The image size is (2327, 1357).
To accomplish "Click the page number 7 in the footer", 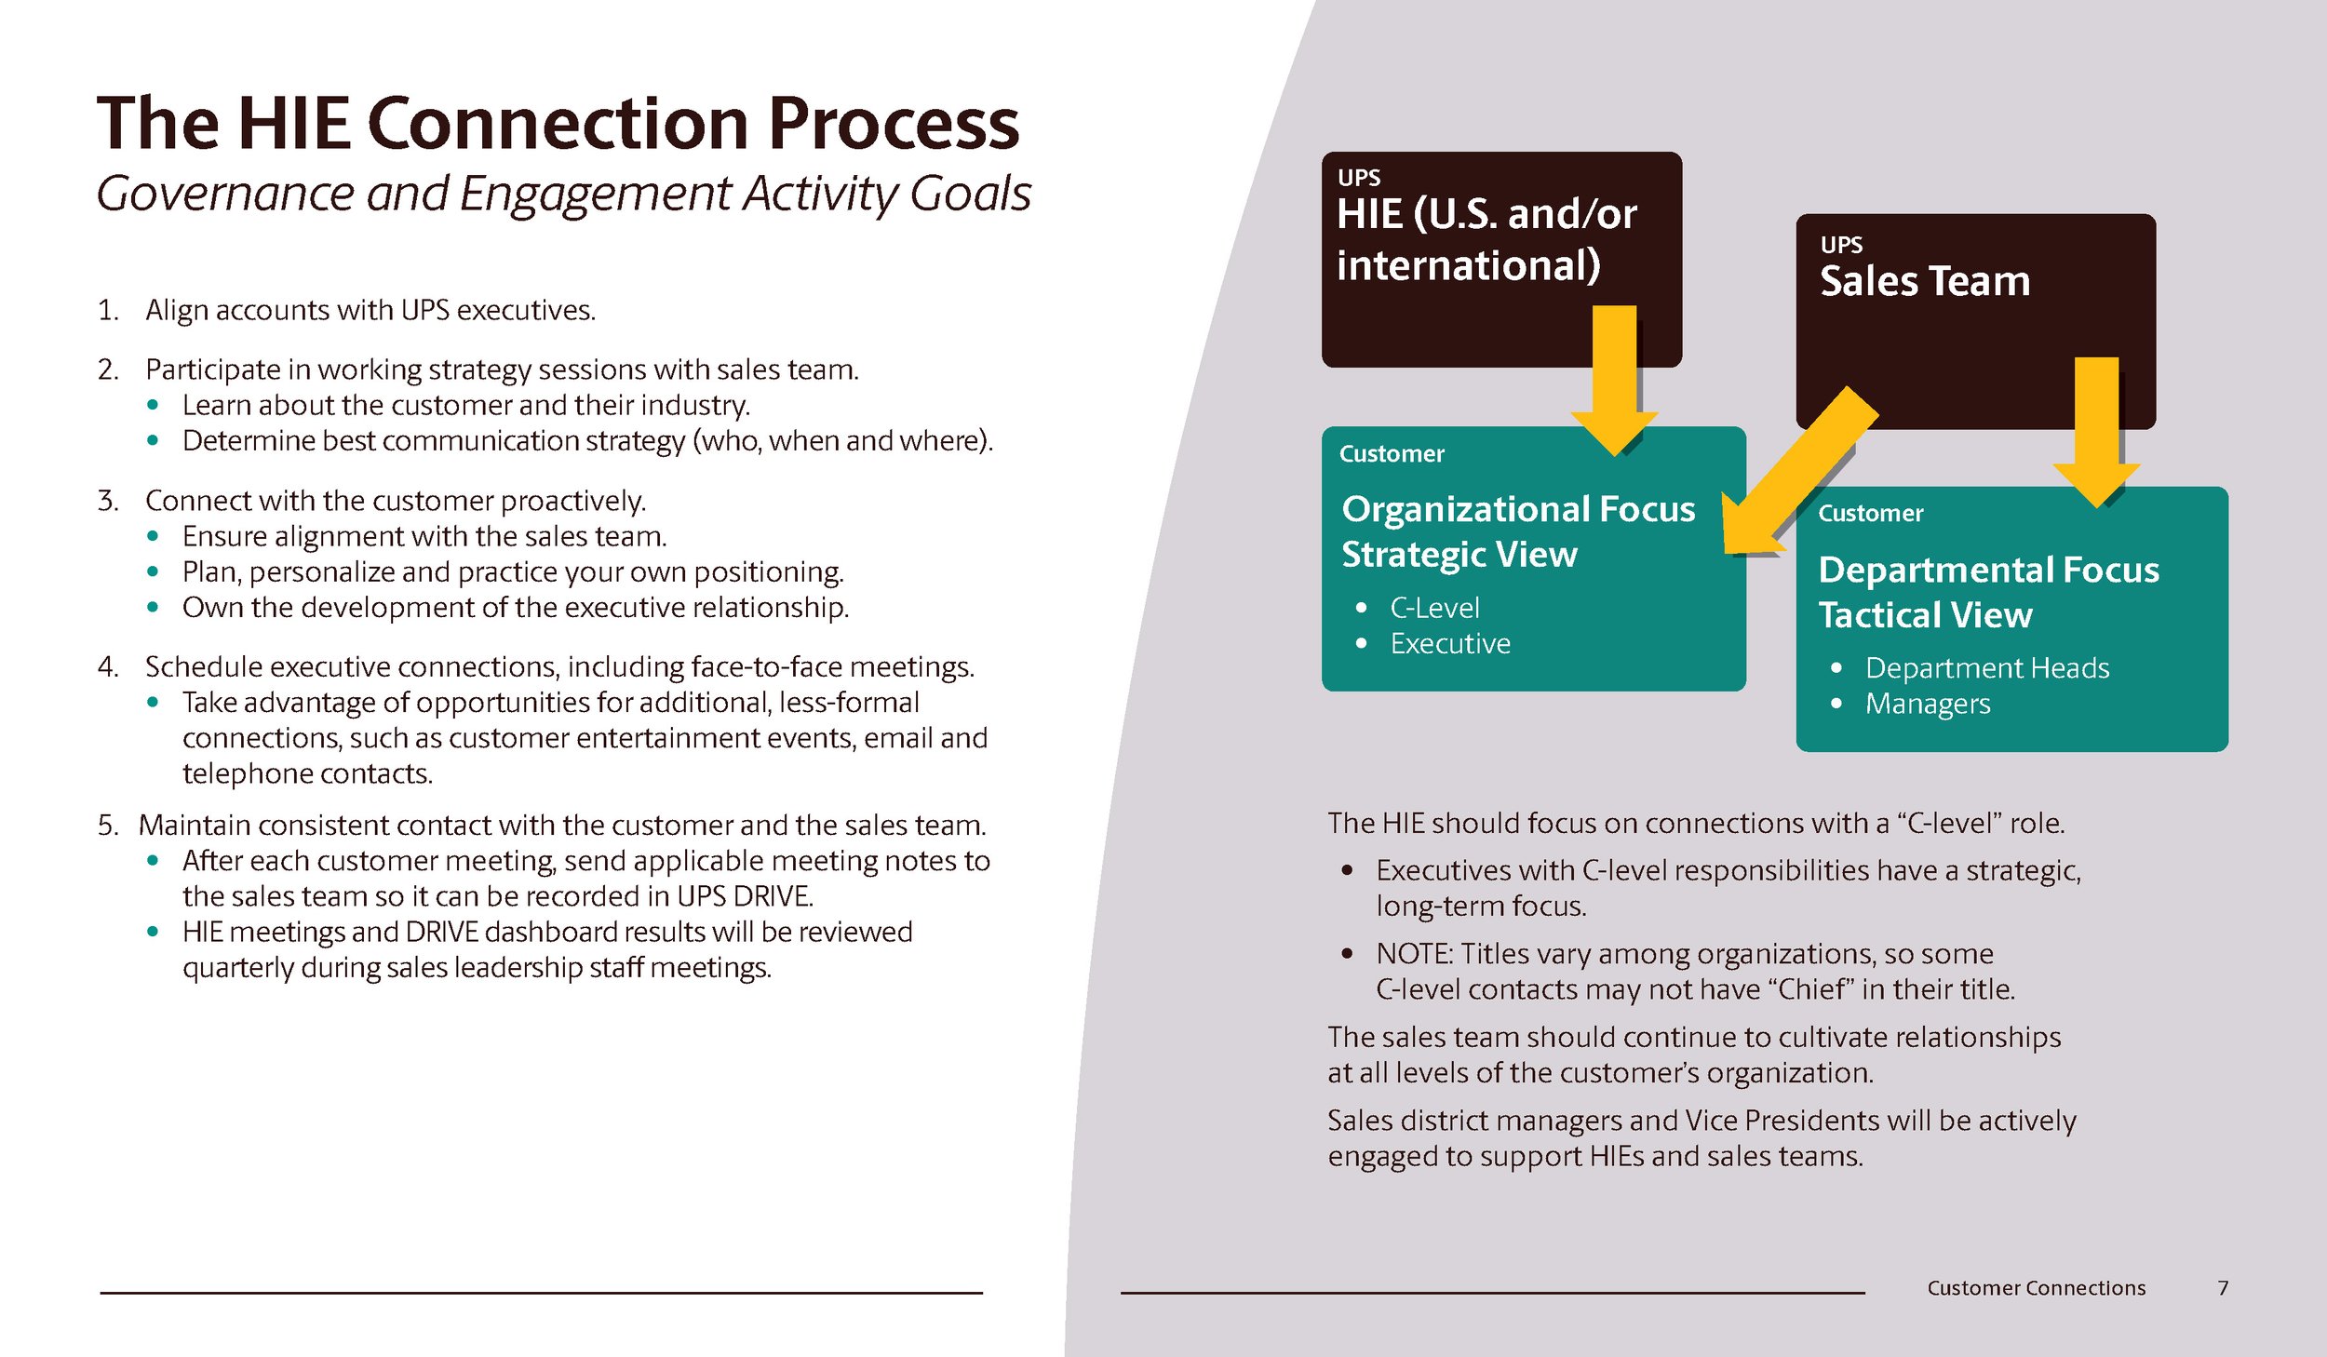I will (2223, 1288).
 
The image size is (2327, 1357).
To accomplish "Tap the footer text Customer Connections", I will (2036, 1288).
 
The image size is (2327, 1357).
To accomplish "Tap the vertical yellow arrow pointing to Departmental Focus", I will (2096, 428).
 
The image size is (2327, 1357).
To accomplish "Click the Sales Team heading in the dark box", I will (1924, 281).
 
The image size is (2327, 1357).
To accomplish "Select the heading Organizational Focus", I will (1518, 509).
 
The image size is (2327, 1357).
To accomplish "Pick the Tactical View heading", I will (1925, 615).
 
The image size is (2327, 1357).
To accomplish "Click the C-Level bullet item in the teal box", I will (1433, 608).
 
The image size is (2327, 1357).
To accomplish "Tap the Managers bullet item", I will (1927, 704).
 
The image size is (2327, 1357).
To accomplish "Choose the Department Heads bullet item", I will (1986, 668).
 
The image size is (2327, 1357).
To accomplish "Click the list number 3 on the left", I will (108, 501).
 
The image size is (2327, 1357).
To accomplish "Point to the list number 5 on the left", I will (108, 826).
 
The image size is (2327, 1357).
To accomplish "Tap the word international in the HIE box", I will (1468, 265).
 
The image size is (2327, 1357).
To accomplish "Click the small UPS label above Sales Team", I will (1840, 245).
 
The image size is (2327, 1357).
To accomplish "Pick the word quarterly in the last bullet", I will (237, 968).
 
